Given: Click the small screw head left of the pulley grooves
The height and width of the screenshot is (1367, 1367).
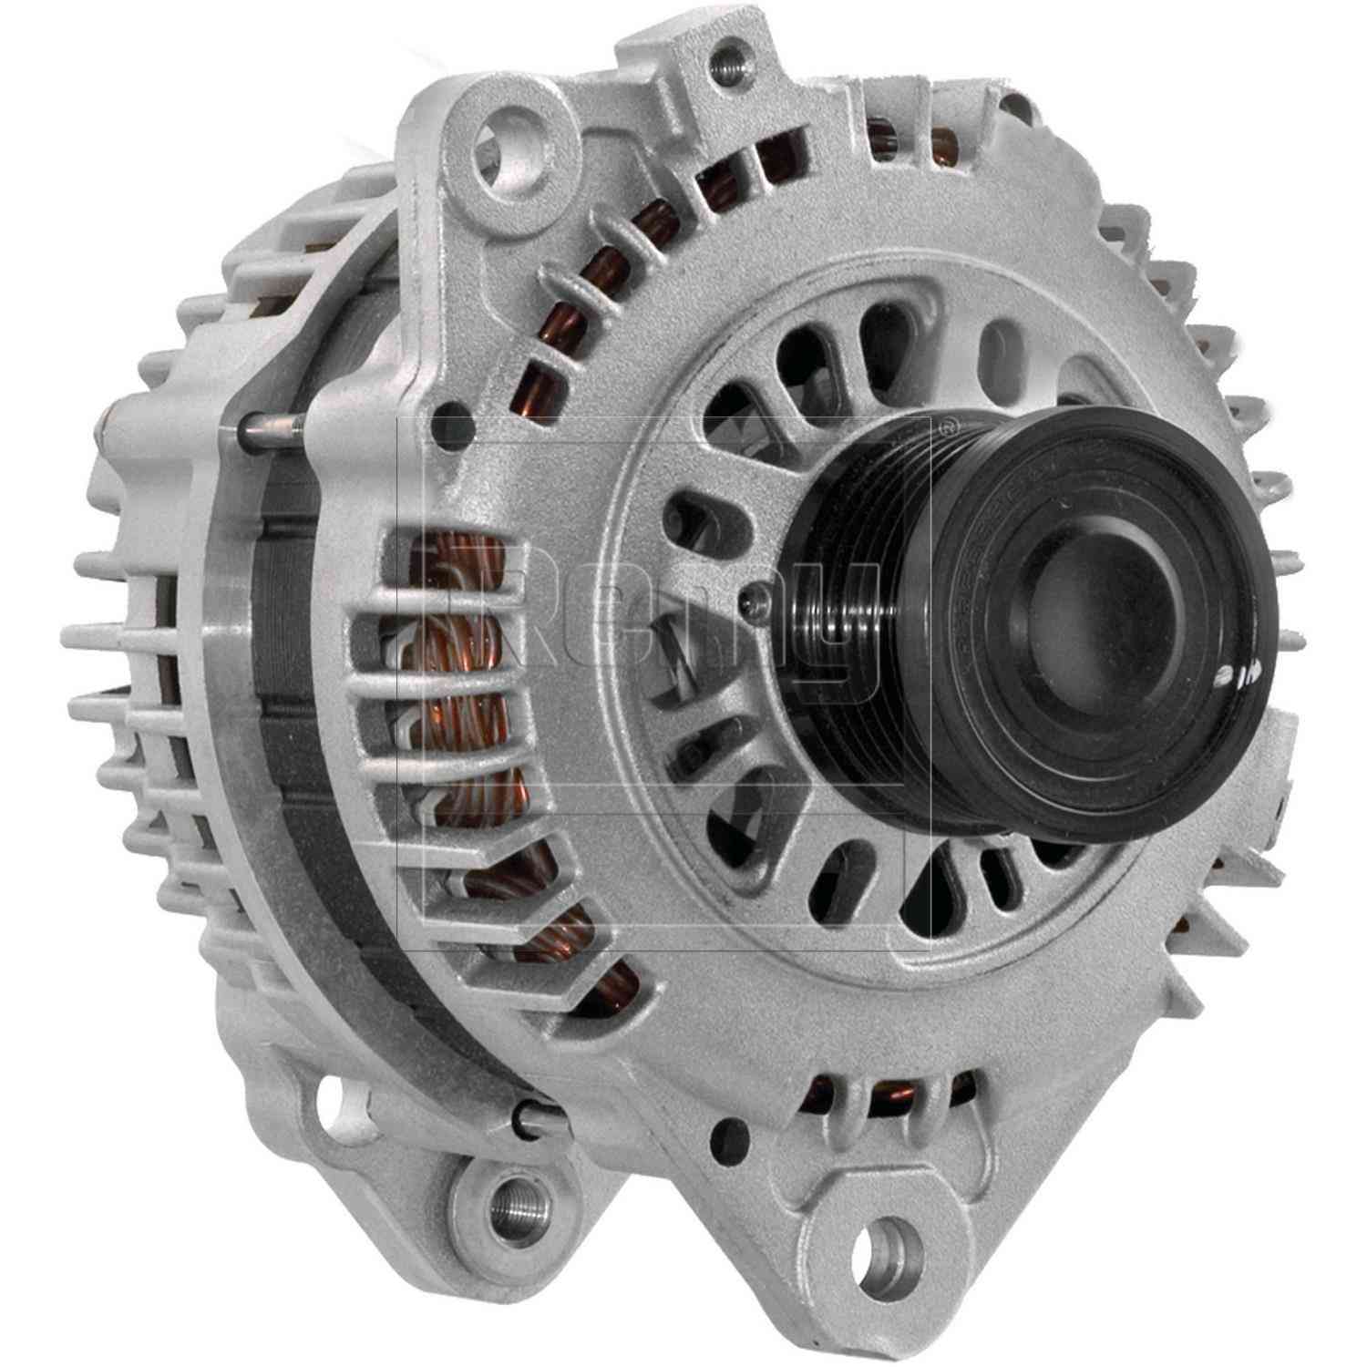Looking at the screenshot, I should (x=750, y=596).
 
